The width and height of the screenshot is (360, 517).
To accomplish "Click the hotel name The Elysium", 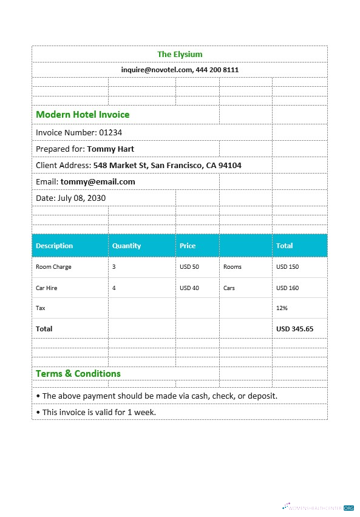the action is pyautogui.click(x=180, y=55).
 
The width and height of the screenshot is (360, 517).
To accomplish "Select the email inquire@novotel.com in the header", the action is pyautogui.click(x=156, y=70).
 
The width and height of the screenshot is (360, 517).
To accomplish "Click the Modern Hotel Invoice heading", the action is pyautogui.click(x=83, y=114).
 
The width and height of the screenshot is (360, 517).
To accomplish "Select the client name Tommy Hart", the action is pyautogui.click(x=110, y=149).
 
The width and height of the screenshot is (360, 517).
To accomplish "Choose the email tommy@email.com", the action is pyautogui.click(x=98, y=181).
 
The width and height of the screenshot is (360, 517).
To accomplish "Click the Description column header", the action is pyautogui.click(x=54, y=246).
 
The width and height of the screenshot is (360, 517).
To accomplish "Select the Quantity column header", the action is pyautogui.click(x=126, y=246).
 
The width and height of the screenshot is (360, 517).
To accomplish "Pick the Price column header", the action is pyautogui.click(x=188, y=246).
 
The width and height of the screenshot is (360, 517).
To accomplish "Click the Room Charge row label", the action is pyautogui.click(x=53, y=267).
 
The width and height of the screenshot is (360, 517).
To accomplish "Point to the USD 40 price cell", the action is pyautogui.click(x=189, y=288).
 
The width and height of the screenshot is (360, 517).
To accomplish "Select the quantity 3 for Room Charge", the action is pyautogui.click(x=114, y=267).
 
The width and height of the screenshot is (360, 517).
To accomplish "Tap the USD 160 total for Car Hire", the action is pyautogui.click(x=287, y=288).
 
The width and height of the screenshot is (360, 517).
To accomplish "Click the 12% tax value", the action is pyautogui.click(x=282, y=308).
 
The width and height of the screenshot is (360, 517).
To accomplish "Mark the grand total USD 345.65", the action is pyautogui.click(x=294, y=329).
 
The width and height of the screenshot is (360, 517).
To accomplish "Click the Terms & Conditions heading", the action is pyautogui.click(x=78, y=374).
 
